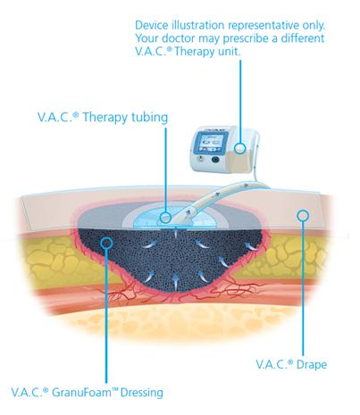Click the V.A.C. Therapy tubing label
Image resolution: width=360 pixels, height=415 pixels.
click(x=103, y=117)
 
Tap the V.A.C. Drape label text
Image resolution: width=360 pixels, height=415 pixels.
click(x=291, y=364)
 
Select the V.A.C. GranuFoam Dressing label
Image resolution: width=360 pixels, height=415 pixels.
click(x=88, y=393)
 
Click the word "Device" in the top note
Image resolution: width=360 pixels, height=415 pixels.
click(x=152, y=25)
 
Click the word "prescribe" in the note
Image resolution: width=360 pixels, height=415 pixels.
click(x=247, y=39)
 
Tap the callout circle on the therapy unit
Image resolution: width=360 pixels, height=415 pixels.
click(x=239, y=148)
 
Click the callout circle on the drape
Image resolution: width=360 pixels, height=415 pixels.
click(x=303, y=215)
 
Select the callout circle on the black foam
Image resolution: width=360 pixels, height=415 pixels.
click(x=106, y=243)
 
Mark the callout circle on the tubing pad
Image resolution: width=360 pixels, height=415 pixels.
click(x=165, y=218)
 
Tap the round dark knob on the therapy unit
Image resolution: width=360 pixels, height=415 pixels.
click(x=215, y=160)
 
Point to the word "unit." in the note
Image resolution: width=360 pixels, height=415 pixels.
click(x=230, y=52)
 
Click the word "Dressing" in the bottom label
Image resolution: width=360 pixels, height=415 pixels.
click(x=142, y=393)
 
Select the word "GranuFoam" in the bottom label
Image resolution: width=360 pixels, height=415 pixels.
click(x=81, y=393)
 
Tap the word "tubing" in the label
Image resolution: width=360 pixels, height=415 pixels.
click(x=150, y=118)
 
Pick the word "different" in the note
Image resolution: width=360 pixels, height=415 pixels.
click(x=303, y=38)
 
